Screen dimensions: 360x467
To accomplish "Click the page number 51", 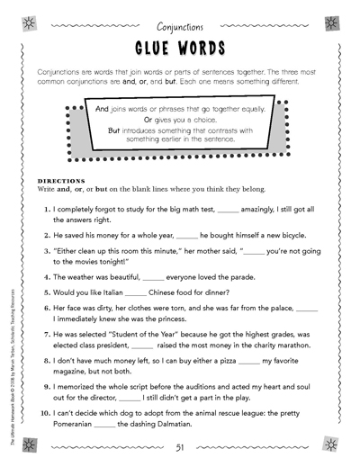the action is tap(180, 447).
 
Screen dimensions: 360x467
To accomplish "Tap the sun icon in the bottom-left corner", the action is tap(30, 445).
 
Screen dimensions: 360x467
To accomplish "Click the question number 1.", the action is tap(46, 208).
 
